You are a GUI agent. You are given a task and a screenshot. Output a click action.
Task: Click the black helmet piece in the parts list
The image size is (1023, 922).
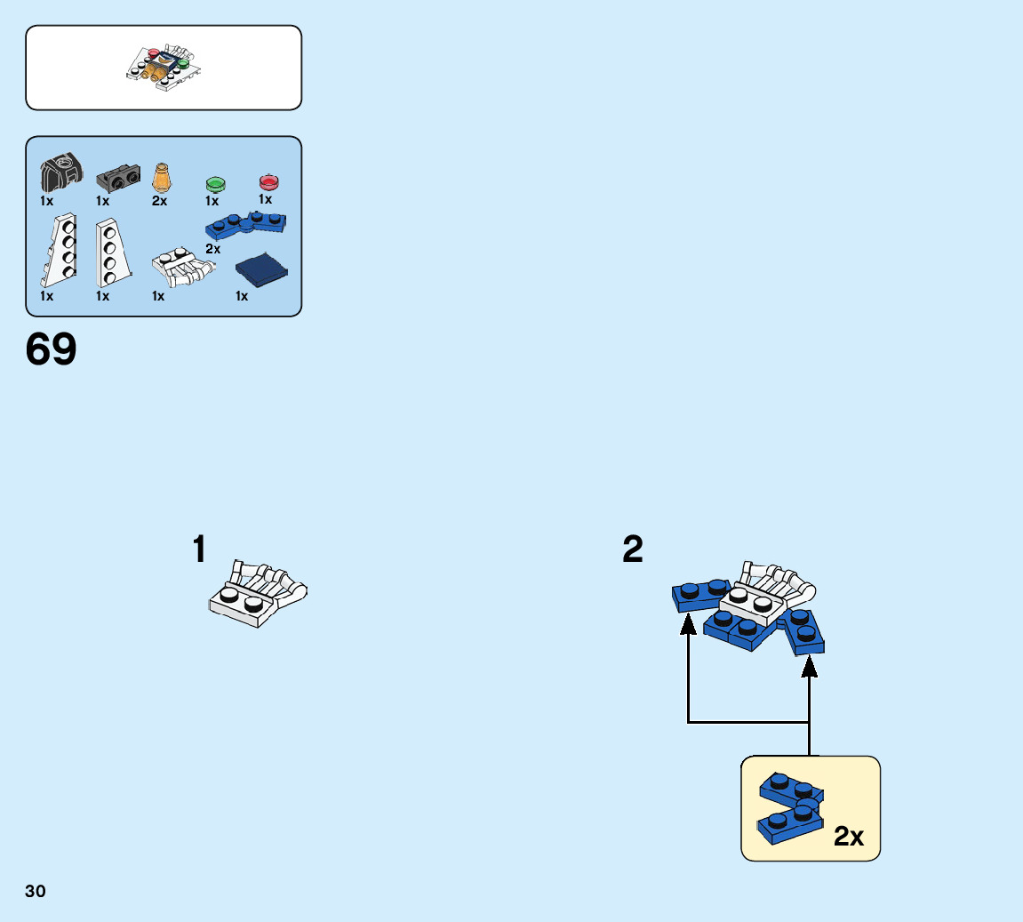[60, 172]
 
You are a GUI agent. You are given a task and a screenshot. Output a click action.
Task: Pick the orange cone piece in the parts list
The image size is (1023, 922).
[161, 177]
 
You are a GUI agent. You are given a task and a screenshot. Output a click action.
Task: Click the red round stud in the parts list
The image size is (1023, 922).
[268, 182]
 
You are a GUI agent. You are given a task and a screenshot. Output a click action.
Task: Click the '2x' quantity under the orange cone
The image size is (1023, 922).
[159, 201]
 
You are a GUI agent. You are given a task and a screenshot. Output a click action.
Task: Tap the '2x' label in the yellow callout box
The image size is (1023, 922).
[849, 837]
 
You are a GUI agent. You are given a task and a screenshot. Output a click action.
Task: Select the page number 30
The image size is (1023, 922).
[36, 891]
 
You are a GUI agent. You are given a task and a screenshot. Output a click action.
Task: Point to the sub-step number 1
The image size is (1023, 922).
[200, 549]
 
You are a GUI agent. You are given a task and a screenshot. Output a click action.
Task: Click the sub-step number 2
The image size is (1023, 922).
[633, 549]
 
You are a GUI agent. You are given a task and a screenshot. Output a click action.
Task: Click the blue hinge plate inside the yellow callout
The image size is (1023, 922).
[789, 808]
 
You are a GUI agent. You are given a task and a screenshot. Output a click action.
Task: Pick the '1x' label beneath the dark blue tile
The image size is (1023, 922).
[242, 296]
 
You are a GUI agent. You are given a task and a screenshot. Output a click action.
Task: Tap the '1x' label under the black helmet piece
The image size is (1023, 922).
[46, 201]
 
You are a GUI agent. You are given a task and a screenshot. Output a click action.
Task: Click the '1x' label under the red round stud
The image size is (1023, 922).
[265, 199]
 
